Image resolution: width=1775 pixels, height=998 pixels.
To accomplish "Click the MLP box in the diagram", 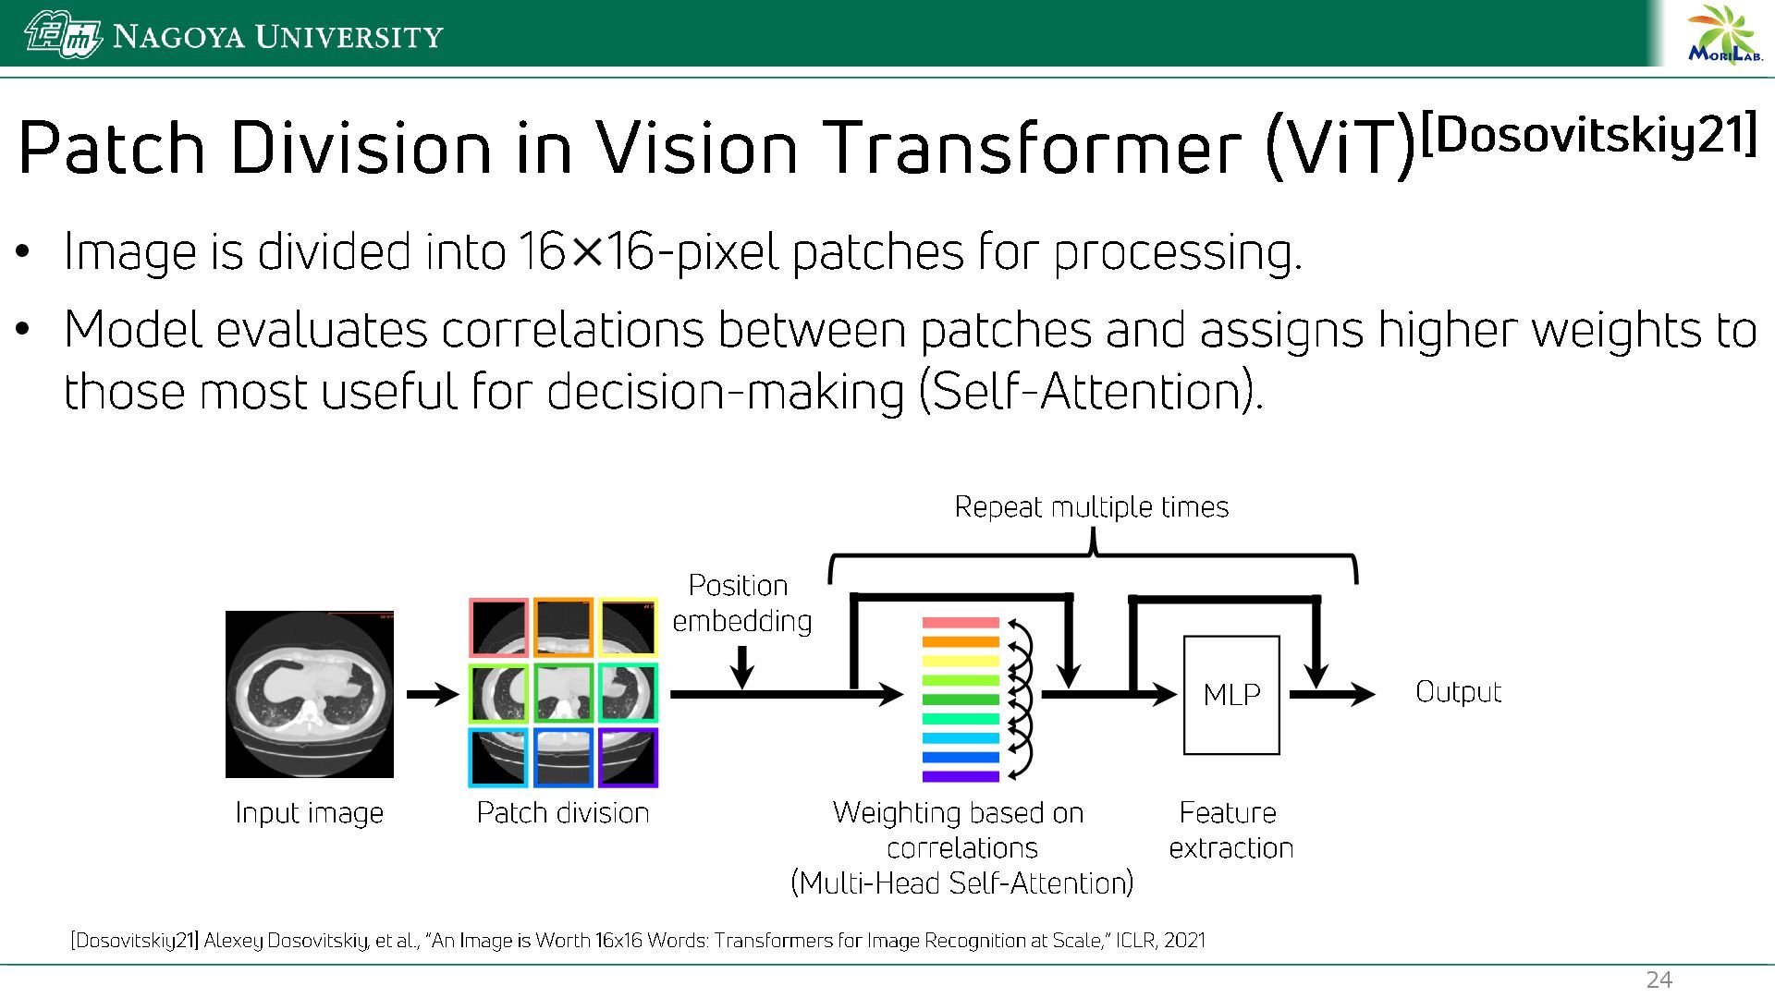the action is (x=1231, y=695).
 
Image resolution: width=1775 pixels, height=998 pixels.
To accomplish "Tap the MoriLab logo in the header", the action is (x=1724, y=36).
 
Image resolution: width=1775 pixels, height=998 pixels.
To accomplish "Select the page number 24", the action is (x=1659, y=980).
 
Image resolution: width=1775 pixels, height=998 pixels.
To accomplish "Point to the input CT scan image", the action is (x=310, y=694).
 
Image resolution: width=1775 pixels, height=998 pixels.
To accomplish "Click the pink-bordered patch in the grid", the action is (x=498, y=628).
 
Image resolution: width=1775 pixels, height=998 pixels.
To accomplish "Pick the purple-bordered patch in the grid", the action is (x=628, y=758).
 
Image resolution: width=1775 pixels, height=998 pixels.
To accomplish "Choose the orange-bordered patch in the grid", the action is (x=563, y=628).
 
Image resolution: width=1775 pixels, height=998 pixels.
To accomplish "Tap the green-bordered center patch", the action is (x=563, y=693).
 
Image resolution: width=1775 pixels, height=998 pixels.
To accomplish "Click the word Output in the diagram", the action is (x=1458, y=692).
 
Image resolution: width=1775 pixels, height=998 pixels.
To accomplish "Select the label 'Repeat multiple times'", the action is (x=1091, y=507).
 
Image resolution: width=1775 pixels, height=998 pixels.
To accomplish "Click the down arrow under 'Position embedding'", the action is (x=741, y=668).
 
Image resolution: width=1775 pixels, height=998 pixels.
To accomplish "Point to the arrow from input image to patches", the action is (x=432, y=694).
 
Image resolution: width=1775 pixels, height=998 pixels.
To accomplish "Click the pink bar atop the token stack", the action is (x=961, y=623).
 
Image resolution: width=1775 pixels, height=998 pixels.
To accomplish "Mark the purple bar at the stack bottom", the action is (x=961, y=776).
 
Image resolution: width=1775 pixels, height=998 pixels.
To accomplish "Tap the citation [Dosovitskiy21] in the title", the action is (x=1588, y=135).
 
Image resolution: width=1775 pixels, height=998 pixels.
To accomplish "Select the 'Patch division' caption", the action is (x=562, y=813).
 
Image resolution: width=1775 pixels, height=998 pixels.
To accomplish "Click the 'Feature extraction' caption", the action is (x=1230, y=830).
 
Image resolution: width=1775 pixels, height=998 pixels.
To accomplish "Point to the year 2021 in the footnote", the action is (x=1184, y=941).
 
